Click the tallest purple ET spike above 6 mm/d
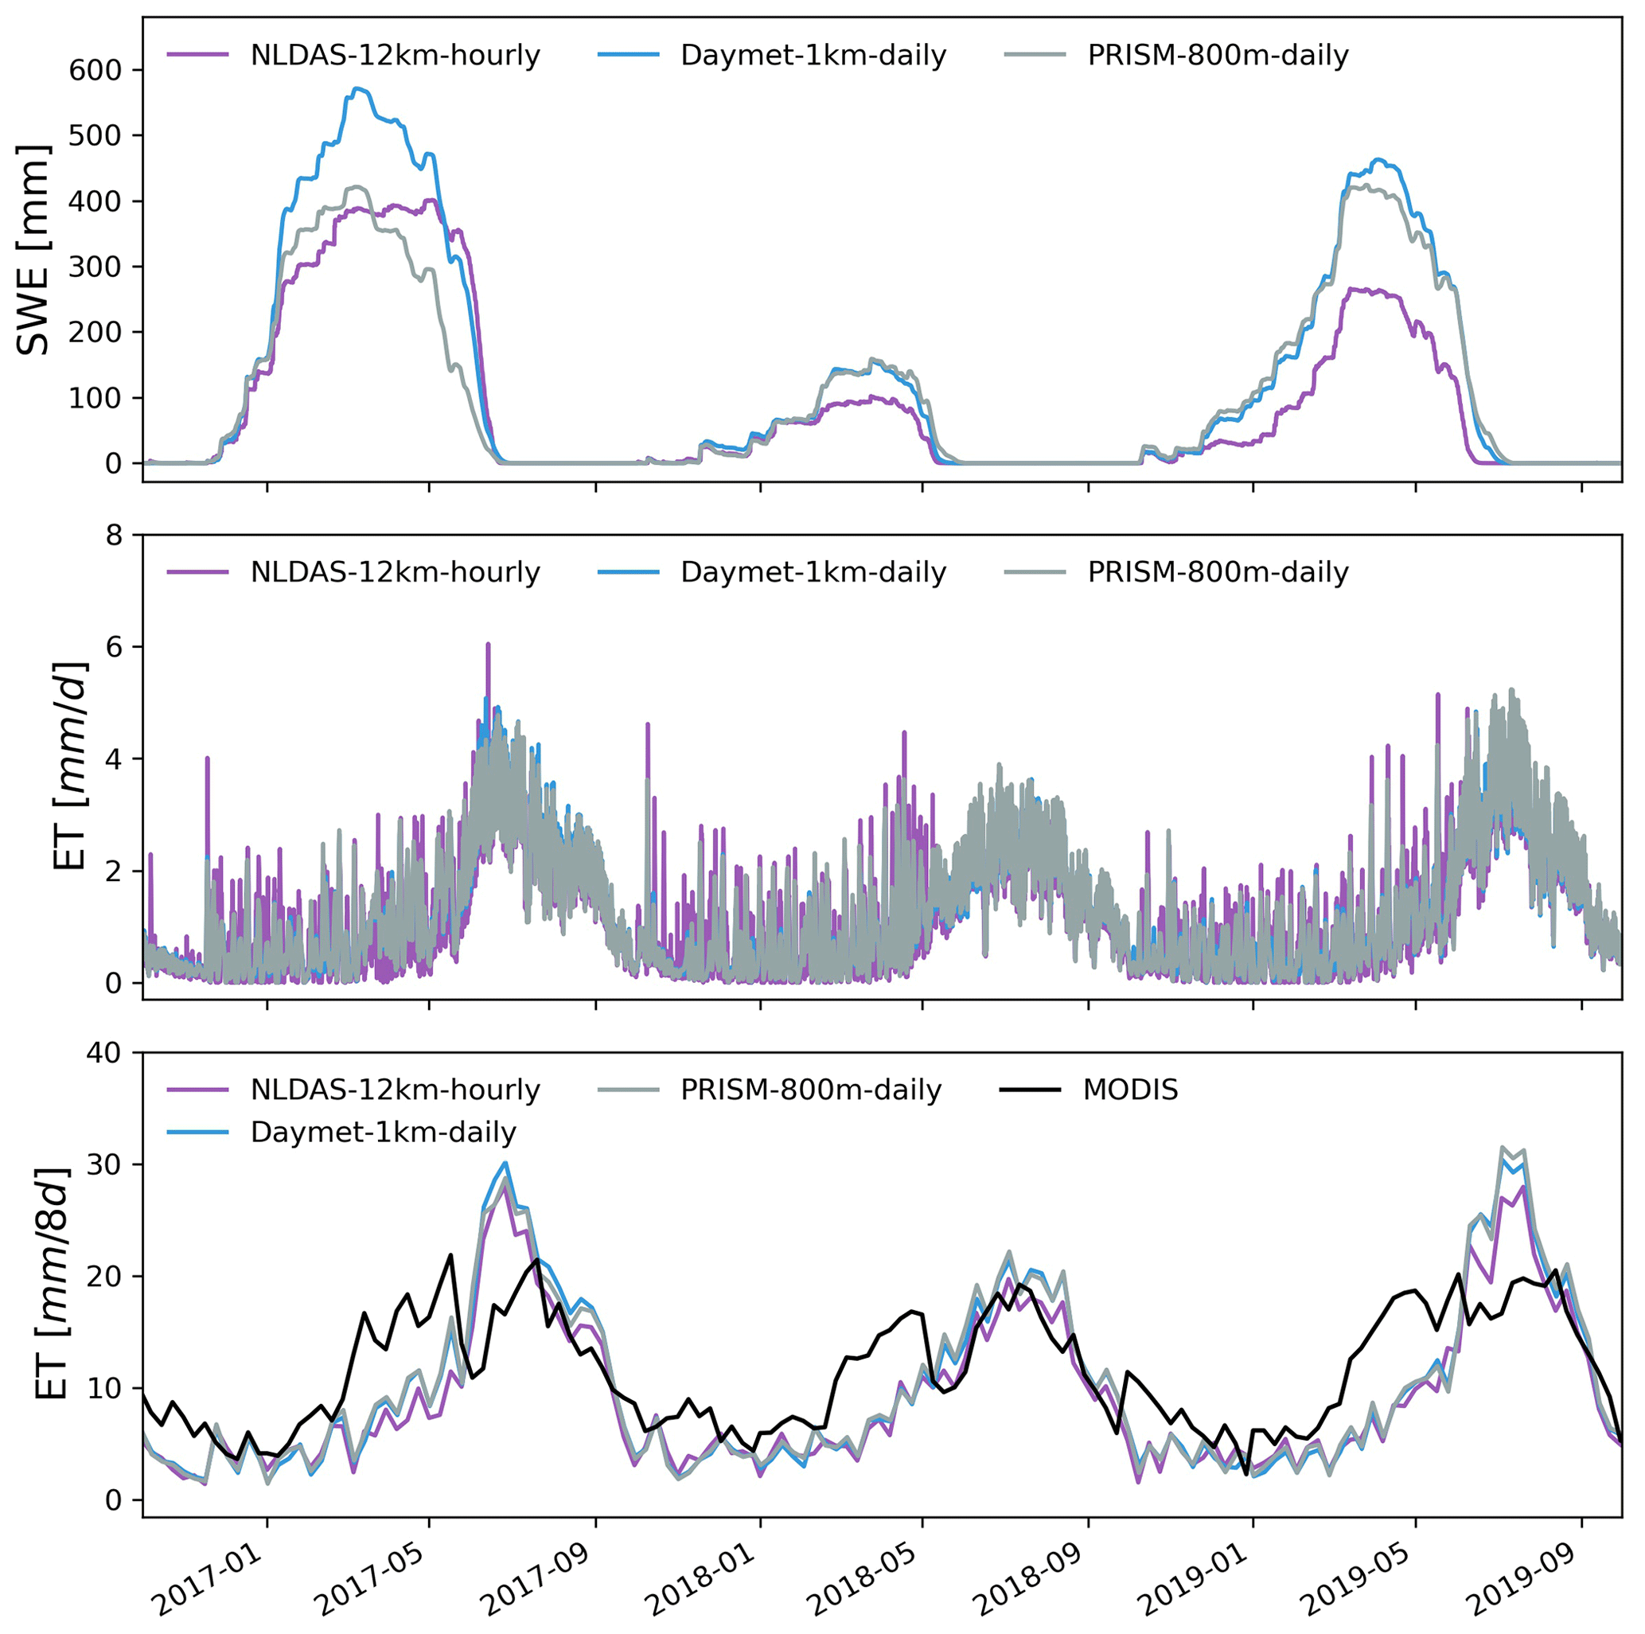coord(488,645)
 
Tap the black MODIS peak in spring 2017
coord(450,1254)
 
